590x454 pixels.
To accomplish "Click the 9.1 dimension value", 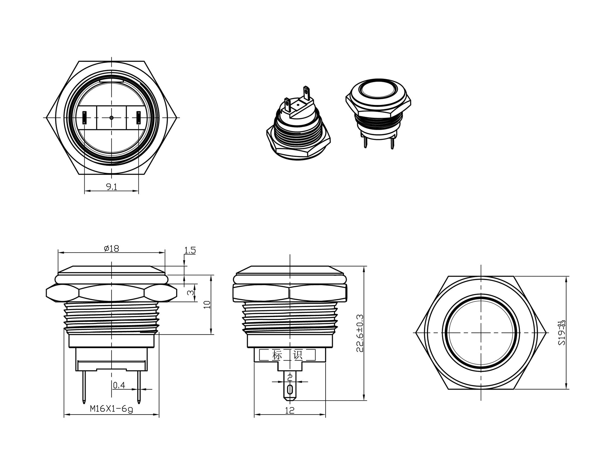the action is click(112, 187).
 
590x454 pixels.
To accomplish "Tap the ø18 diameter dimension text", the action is click(112, 249).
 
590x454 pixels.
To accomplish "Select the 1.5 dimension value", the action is click(190, 251).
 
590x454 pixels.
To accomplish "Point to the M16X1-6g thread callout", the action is click(111, 409).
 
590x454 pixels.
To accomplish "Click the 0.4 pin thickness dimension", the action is click(119, 385).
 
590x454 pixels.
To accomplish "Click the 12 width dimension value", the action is click(290, 410).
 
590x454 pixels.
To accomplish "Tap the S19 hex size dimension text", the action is click(562, 333).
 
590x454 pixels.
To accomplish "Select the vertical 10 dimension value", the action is click(207, 304).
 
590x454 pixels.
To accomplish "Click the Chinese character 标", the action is click(277, 355).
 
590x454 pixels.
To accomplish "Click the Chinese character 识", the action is click(298, 355).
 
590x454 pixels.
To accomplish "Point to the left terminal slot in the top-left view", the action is click(85, 117).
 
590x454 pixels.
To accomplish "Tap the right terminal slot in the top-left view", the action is click(139, 117).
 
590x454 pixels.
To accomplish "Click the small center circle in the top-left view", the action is click(112, 117).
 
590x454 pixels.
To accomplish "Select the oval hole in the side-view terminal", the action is click(290, 389).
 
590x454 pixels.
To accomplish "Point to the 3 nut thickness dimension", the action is click(190, 293).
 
